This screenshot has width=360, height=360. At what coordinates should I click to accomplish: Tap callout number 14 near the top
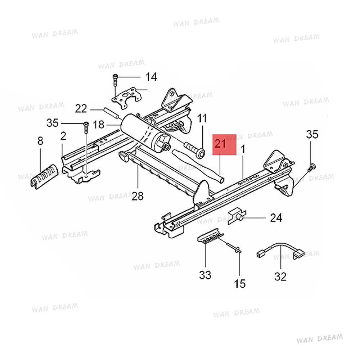(x=151, y=77)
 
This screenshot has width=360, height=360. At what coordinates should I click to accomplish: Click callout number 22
(x=81, y=108)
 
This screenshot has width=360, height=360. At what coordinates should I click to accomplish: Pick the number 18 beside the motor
(x=98, y=125)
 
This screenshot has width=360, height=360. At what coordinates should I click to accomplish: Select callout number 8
(x=40, y=141)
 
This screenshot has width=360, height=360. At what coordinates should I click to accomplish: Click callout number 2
(x=63, y=136)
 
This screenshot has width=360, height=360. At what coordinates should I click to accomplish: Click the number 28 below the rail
(x=138, y=196)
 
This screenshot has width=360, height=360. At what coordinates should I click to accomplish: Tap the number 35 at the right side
(x=312, y=135)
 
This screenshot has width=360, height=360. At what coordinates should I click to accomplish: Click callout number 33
(x=205, y=275)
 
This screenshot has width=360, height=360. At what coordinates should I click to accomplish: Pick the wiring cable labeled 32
(x=279, y=249)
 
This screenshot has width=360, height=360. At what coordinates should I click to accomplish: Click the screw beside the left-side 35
(x=86, y=126)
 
